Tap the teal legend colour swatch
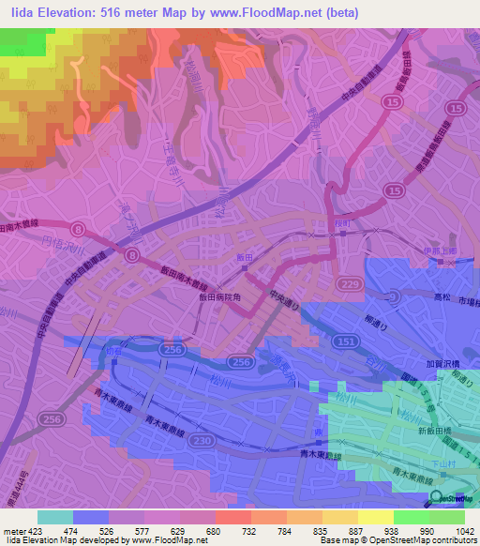coord(55,517)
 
